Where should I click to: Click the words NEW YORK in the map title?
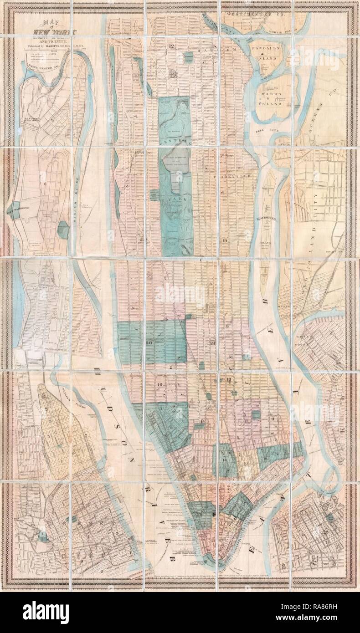48,31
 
